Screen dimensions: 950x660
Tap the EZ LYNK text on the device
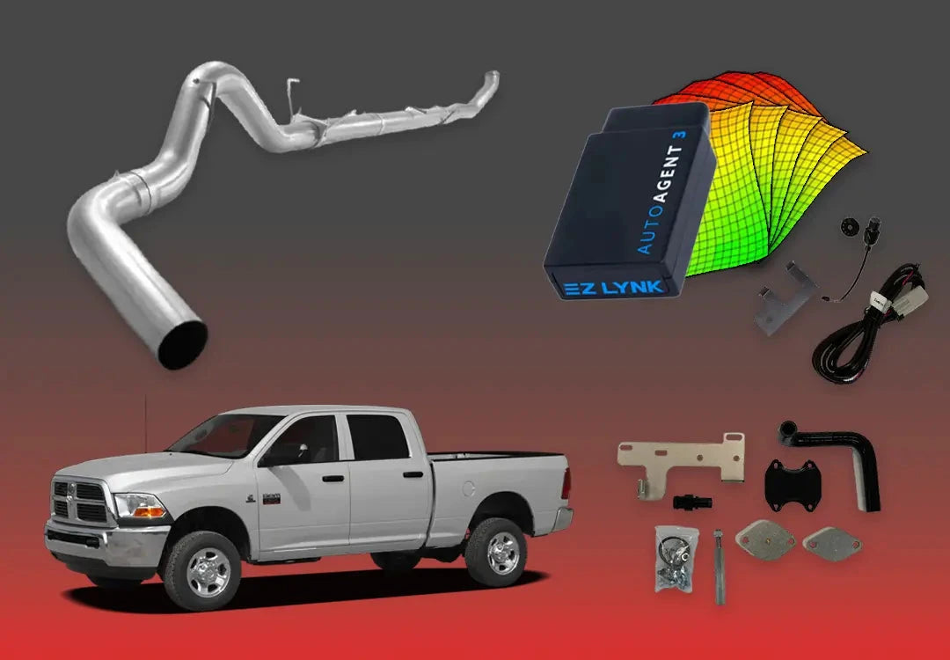point(613,287)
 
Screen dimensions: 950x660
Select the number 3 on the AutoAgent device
point(681,134)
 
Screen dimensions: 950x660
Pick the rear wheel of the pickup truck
point(496,553)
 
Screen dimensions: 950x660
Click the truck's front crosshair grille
point(80,501)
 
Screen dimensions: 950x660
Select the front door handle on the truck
point(332,478)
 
